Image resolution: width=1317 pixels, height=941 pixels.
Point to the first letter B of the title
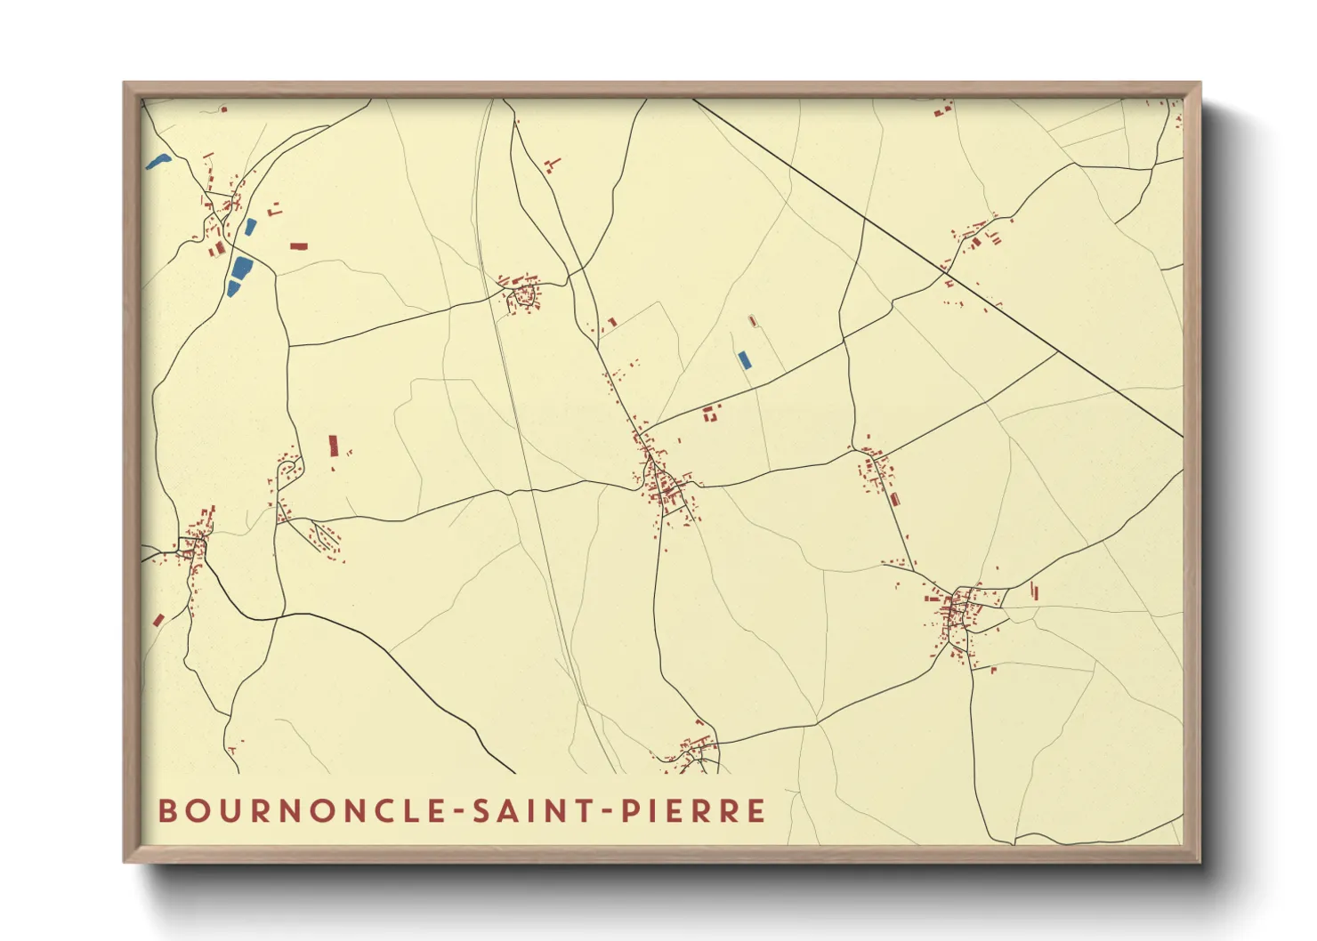click(166, 811)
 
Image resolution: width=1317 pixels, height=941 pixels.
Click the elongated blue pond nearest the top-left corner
click(158, 162)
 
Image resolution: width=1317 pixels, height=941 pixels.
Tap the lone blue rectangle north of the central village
click(744, 359)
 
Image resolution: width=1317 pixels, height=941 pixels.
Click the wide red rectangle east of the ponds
click(298, 245)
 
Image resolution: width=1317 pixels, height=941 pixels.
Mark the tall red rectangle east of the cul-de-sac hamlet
click(334, 445)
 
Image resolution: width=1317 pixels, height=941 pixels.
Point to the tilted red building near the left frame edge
click(158, 619)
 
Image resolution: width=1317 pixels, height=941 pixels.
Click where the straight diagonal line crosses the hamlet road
click(945, 263)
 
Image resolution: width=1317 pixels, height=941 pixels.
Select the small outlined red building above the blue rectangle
click(752, 320)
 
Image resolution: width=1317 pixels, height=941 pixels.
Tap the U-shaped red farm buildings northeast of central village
click(710, 413)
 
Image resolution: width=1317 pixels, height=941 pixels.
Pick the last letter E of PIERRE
click(756, 811)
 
